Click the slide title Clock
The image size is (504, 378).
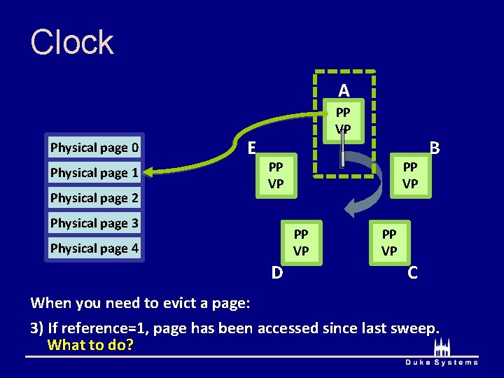tap(72, 43)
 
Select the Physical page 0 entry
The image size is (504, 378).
tap(94, 148)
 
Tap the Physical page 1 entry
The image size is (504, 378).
tap(94, 173)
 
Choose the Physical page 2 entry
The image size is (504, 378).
tap(94, 198)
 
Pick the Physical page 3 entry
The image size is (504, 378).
tap(94, 223)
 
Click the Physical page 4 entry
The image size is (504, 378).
tap(94, 248)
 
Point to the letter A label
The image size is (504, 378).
tap(343, 90)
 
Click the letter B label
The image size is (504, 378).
tap(435, 148)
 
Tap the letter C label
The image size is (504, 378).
tap(412, 273)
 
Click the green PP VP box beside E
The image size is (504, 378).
tap(276, 176)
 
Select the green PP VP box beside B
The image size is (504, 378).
tap(410, 176)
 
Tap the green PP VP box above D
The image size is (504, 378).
tap(301, 242)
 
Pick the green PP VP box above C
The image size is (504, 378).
tap(389, 242)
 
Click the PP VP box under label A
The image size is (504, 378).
tap(343, 120)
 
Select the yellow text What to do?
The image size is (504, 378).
tap(90, 345)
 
